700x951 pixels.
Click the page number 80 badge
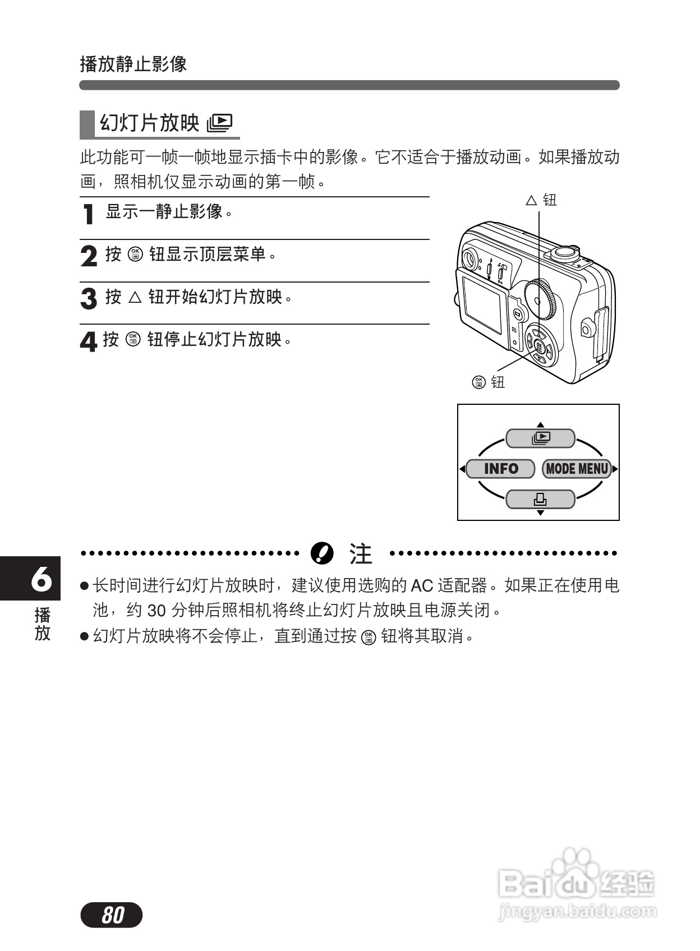pyautogui.click(x=112, y=915)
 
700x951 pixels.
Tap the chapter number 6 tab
pyautogui.click(x=41, y=578)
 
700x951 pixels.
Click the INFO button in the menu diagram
pyautogui.click(x=500, y=469)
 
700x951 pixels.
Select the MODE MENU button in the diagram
pyautogui.click(x=577, y=469)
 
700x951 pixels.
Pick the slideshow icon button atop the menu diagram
pyautogui.click(x=540, y=438)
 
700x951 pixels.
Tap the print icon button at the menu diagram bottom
pyautogui.click(x=540, y=498)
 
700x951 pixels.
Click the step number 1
pyautogui.click(x=88, y=214)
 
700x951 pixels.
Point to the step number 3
pyautogui.click(x=89, y=298)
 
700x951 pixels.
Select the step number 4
pyautogui.click(x=88, y=341)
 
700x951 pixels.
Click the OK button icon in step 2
pyautogui.click(x=135, y=255)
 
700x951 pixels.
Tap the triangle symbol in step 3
pyautogui.click(x=135, y=297)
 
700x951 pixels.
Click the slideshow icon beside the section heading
pyautogui.click(x=219, y=123)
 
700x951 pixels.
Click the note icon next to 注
pyautogui.click(x=322, y=553)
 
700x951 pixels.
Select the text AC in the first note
pyautogui.click(x=422, y=586)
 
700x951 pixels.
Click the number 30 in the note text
pyautogui.click(x=158, y=610)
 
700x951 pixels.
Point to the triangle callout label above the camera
pyautogui.click(x=531, y=200)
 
